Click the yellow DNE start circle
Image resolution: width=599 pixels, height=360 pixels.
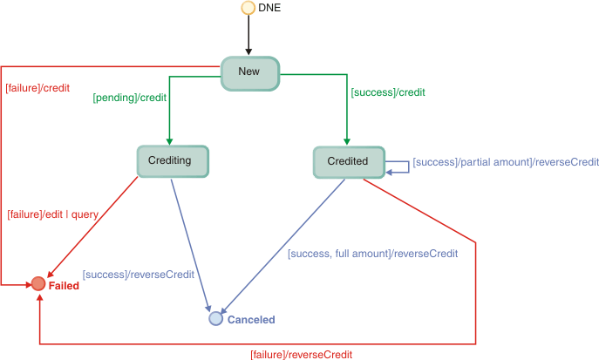(248, 8)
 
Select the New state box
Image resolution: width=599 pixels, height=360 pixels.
(249, 73)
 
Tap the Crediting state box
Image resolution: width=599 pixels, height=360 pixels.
(172, 160)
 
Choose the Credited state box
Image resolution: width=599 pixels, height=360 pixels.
(348, 160)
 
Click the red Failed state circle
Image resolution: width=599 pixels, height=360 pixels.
(38, 283)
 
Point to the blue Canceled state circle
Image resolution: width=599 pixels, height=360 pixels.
(216, 319)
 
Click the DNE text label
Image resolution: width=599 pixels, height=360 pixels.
(270, 8)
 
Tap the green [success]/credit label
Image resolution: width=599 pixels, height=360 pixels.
(387, 92)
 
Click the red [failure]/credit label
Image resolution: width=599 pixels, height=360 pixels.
(37, 88)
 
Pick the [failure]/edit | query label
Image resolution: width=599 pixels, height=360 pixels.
(53, 214)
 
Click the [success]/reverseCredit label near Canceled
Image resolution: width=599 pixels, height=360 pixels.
(138, 275)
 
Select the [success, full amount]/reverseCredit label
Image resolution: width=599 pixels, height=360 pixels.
(372, 254)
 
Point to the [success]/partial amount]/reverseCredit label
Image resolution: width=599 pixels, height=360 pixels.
(505, 162)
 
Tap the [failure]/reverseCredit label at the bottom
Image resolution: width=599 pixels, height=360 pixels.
(301, 354)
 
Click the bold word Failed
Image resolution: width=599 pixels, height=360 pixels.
(64, 286)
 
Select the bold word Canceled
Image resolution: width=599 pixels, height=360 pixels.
(251, 320)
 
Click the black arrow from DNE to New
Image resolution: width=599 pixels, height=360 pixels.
(248, 36)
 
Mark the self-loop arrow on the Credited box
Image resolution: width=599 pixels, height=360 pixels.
(398, 166)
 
